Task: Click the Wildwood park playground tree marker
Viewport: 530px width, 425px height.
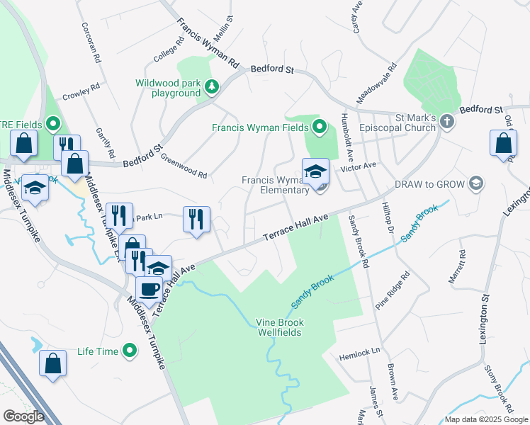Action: [x=210, y=87]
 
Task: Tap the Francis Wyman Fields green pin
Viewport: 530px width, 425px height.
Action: [x=319, y=127]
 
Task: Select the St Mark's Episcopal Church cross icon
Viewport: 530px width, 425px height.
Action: [x=446, y=121]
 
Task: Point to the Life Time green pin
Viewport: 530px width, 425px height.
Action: [x=130, y=351]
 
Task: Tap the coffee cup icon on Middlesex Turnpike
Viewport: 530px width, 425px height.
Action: [x=149, y=289]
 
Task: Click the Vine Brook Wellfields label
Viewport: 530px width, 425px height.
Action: [x=279, y=327]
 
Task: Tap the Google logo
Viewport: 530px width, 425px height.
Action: [x=24, y=416]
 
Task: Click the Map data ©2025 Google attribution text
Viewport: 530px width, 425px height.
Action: [x=485, y=419]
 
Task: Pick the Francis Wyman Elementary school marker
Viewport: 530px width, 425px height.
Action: [x=315, y=171]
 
